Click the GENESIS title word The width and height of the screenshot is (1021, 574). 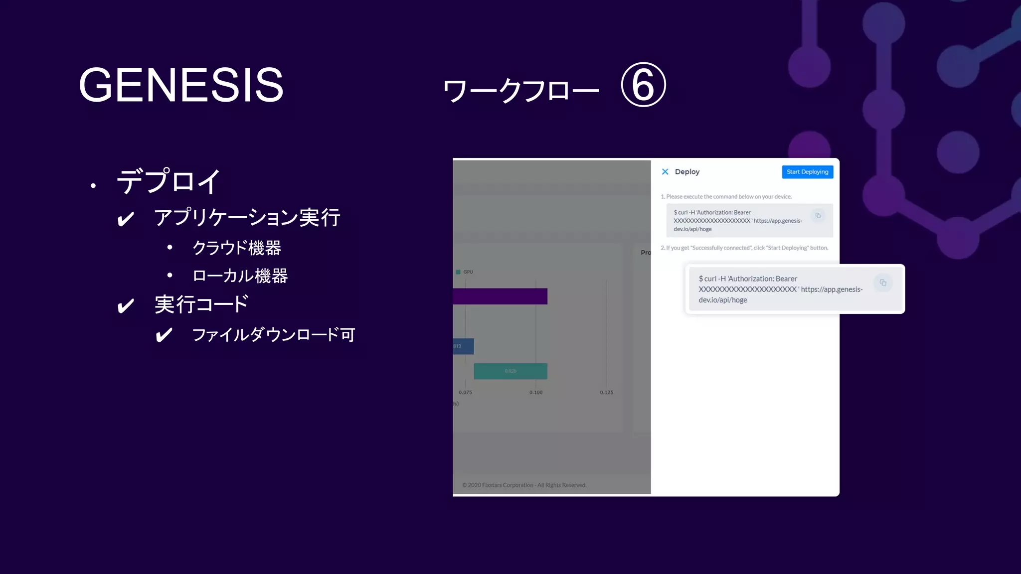(x=181, y=85)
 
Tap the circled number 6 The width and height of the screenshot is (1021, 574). (x=643, y=85)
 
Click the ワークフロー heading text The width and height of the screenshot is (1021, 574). (x=520, y=91)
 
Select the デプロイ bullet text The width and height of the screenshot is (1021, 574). (x=169, y=181)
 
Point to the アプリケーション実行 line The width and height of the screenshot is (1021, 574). (x=247, y=218)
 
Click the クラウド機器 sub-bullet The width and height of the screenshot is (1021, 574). (x=237, y=248)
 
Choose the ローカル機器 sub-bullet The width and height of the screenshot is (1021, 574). (x=240, y=276)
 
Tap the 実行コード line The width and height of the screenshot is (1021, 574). (x=201, y=304)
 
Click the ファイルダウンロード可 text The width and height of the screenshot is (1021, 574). (x=273, y=335)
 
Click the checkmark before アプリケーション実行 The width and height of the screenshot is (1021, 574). (x=126, y=219)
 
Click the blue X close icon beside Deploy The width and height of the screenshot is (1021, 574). (x=665, y=172)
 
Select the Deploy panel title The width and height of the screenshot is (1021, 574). (x=687, y=172)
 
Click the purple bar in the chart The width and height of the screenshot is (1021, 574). (x=500, y=296)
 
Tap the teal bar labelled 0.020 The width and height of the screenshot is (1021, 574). (x=510, y=371)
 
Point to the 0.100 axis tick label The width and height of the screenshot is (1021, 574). (x=536, y=393)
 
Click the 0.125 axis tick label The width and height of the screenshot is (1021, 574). (x=607, y=393)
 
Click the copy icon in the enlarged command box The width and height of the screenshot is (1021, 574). (x=883, y=283)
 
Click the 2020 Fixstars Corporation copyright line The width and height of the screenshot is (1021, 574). (x=524, y=485)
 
